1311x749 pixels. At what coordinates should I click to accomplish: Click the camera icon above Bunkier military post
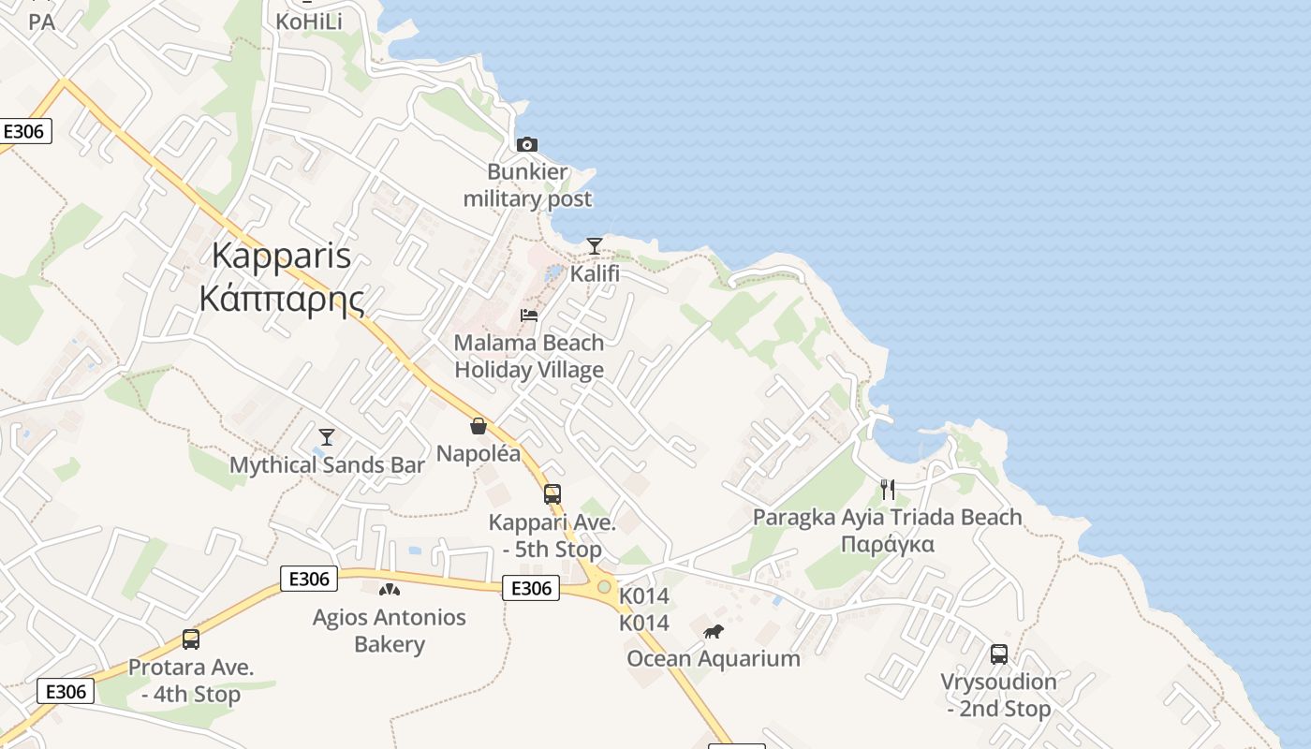point(527,144)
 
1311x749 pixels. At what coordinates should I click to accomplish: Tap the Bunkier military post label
point(527,185)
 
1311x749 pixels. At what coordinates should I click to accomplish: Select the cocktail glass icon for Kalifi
point(594,246)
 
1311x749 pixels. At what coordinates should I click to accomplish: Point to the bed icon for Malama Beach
point(529,315)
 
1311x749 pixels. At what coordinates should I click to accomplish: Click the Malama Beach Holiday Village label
point(529,356)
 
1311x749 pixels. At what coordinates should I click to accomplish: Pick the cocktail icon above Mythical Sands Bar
point(326,436)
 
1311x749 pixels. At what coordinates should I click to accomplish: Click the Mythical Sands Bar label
point(327,464)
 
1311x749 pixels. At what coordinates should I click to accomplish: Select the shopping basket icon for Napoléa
point(479,426)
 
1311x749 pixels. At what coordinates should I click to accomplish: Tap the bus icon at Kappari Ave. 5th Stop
point(552,493)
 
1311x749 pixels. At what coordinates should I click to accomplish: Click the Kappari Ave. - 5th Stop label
point(552,536)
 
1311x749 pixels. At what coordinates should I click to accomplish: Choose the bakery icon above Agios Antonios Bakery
point(389,590)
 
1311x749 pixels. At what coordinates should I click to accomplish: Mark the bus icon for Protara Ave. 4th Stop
point(191,639)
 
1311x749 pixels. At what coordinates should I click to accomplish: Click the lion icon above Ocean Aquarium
point(714,631)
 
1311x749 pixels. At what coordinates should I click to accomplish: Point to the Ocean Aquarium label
point(714,658)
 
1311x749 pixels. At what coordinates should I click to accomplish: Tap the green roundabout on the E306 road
point(605,587)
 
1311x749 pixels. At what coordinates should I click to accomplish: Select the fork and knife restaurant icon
point(888,489)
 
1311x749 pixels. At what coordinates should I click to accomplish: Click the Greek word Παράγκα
point(887,544)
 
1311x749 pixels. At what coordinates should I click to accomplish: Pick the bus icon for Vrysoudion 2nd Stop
point(999,654)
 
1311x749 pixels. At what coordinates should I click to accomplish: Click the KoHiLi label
point(309,20)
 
